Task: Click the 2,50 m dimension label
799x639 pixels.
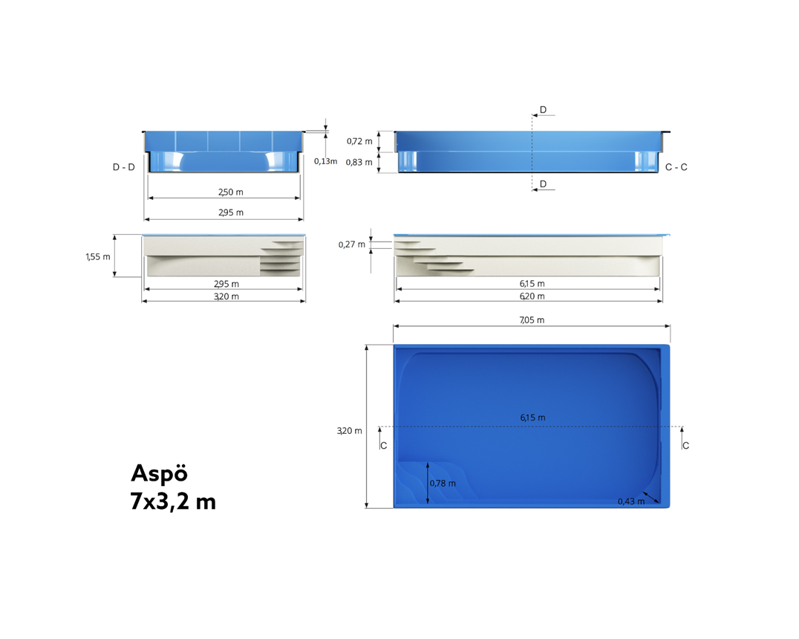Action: (230, 192)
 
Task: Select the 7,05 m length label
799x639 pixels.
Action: (532, 320)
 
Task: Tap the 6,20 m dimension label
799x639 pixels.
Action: (532, 296)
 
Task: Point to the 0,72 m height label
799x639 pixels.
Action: (359, 140)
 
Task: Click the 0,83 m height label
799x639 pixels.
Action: (359, 163)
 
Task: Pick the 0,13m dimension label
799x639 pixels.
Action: (325, 161)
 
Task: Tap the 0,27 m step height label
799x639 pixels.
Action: (351, 244)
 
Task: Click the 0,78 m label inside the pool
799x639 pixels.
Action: (443, 484)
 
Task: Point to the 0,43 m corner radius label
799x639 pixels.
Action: (631, 502)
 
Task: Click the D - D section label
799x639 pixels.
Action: (124, 167)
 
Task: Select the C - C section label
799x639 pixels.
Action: (676, 167)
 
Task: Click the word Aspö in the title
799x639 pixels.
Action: (159, 473)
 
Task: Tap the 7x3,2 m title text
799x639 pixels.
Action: (173, 502)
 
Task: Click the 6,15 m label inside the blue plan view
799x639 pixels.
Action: (532, 418)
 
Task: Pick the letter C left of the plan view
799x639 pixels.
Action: (383, 446)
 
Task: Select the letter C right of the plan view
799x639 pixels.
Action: (685, 446)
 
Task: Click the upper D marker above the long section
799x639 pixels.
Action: (543, 110)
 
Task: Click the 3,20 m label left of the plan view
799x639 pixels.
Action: (349, 431)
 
